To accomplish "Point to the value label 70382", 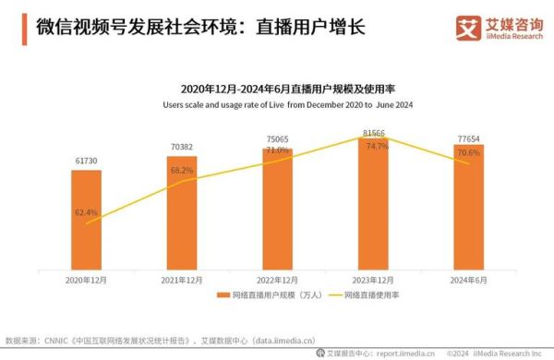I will click(182, 147).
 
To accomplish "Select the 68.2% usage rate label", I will click(182, 171).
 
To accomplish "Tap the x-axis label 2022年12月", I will click(277, 278).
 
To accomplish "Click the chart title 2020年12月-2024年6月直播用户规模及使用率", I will click(277, 90).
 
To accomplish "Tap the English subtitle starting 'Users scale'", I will click(277, 104).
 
